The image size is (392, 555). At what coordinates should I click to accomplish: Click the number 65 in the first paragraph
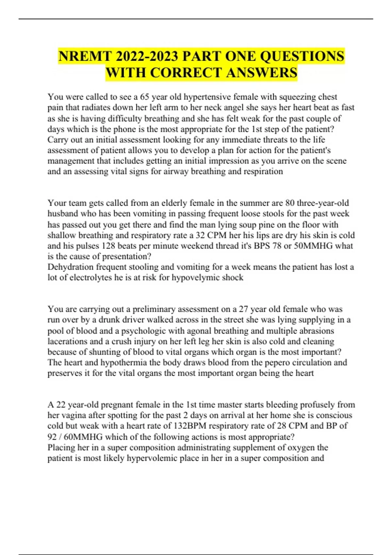pyautogui.click(x=145, y=97)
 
